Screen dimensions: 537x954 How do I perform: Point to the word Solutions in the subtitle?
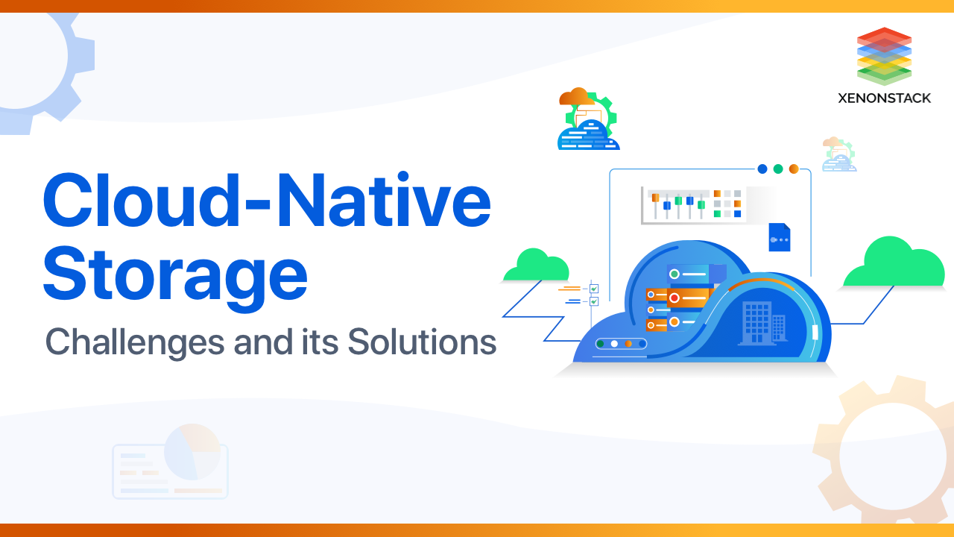[421, 342]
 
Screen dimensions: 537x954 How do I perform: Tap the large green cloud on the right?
[894, 265]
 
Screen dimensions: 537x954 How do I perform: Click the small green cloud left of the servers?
[535, 266]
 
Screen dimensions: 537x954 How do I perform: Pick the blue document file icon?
[780, 237]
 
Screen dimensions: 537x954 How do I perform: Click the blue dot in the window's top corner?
[762, 169]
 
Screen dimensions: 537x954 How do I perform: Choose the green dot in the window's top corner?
[778, 169]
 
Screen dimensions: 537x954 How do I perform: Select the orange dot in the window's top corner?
[794, 169]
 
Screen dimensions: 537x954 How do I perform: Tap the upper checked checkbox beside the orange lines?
[594, 289]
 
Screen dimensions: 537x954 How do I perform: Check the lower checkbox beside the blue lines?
[594, 301]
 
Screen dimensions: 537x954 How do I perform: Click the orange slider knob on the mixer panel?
[655, 198]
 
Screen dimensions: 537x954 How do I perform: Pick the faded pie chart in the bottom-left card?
[192, 452]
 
